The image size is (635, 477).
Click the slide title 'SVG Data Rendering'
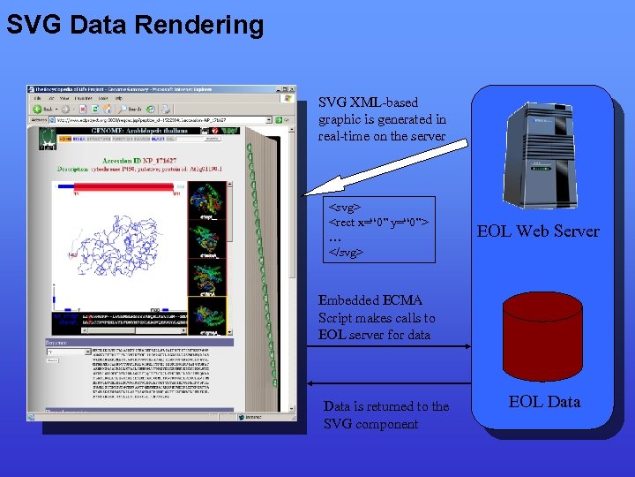[135, 24]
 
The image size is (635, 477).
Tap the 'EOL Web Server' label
[538, 231]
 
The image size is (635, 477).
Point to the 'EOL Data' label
[544, 401]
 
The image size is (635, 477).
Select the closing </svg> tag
[347, 252]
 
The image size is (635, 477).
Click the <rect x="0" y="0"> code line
[378, 222]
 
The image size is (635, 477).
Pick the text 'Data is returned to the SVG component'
[386, 415]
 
